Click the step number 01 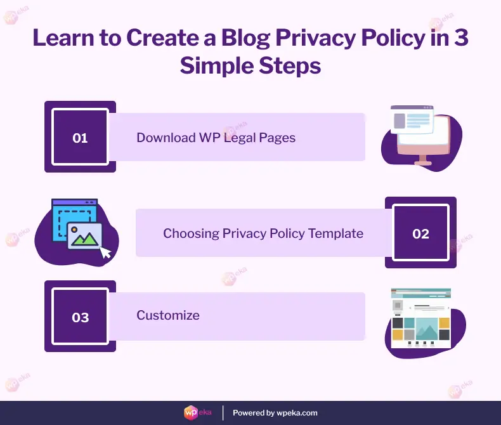(x=80, y=138)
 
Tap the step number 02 (x=420, y=233)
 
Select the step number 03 (x=80, y=317)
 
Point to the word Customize (x=168, y=315)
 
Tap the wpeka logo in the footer (x=193, y=412)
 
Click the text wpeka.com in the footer (x=297, y=413)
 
